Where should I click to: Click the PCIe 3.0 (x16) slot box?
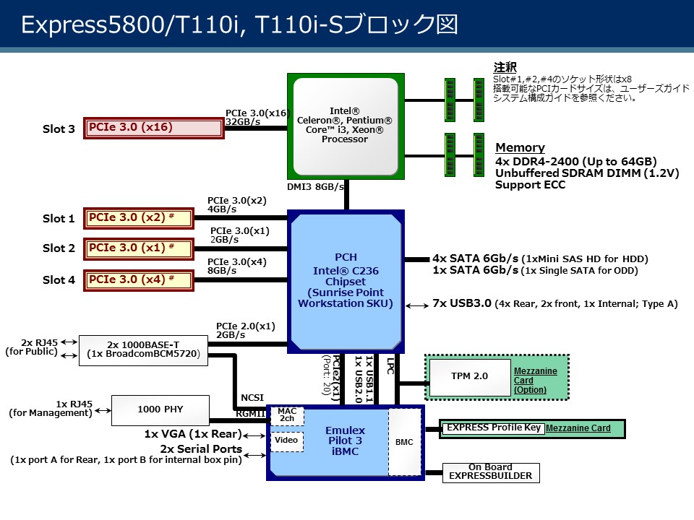point(154,128)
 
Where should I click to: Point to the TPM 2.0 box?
point(470,376)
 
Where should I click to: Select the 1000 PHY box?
point(160,409)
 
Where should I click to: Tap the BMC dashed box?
point(404,441)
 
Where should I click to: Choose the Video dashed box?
point(287,441)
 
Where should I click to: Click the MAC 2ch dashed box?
point(287,415)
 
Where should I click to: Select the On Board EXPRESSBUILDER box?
point(490,472)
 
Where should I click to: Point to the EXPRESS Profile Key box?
point(493,428)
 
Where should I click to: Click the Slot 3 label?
point(59,129)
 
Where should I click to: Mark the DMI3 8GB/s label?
point(315,186)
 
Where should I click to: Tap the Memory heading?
point(520,148)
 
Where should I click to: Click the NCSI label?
point(252,397)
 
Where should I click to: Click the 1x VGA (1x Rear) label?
point(193,435)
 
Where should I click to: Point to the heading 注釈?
point(505,67)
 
